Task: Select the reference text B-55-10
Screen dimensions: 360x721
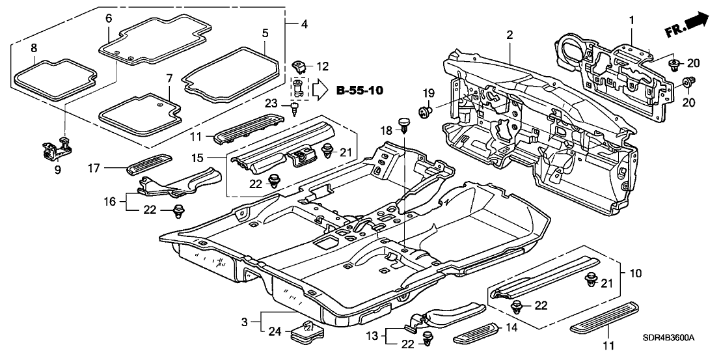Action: point(359,90)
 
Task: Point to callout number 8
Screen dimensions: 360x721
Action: point(33,48)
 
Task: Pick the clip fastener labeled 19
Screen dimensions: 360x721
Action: point(428,111)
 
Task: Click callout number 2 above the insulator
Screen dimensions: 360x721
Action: point(510,35)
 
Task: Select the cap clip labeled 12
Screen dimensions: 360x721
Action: point(300,65)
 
